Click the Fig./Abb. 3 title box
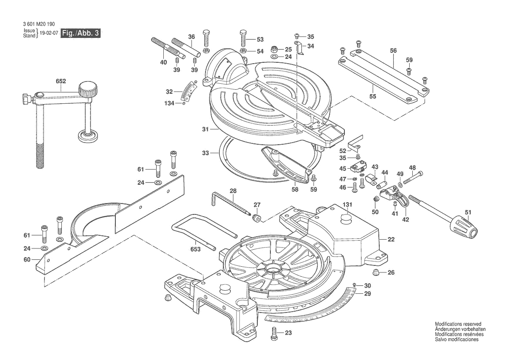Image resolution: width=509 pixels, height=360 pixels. pos(81,34)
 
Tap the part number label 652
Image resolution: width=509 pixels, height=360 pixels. pos(61,81)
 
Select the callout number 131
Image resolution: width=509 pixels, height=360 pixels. pos(347,204)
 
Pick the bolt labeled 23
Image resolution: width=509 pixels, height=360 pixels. pos(274,333)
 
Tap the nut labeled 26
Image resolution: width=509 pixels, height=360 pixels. pos(377,273)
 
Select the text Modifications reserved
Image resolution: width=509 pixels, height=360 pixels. pos(458,324)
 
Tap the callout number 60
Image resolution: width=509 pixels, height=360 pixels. pos(27,260)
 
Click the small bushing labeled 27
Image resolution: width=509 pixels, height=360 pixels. pos(257,216)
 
